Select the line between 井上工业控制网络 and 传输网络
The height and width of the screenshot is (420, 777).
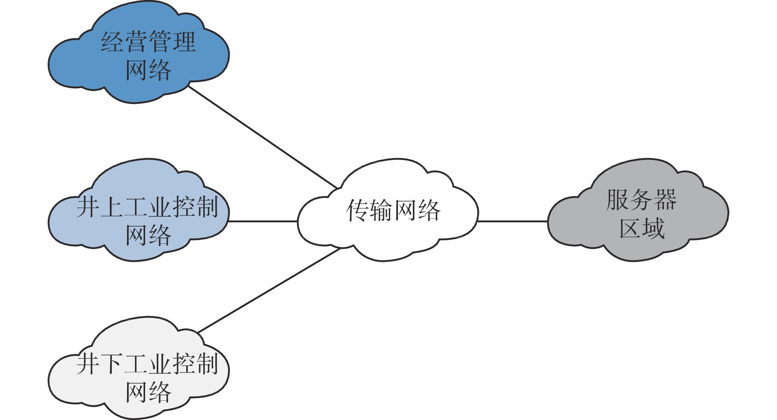[x=263, y=222]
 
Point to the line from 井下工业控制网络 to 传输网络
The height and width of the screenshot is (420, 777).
[x=269, y=290]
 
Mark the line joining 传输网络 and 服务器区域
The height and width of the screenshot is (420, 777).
[x=513, y=222]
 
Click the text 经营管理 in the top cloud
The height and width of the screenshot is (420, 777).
[x=148, y=42]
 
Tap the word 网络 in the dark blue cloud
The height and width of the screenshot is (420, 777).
[x=148, y=70]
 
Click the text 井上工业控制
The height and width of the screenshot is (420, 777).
[x=147, y=206]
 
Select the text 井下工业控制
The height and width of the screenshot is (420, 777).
[x=147, y=364]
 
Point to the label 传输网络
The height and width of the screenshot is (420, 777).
[x=393, y=210]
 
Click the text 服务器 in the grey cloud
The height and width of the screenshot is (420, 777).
[x=641, y=200]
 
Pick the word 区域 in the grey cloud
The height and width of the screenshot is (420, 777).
[x=641, y=228]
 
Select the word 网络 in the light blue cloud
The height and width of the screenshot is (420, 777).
[x=148, y=235]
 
